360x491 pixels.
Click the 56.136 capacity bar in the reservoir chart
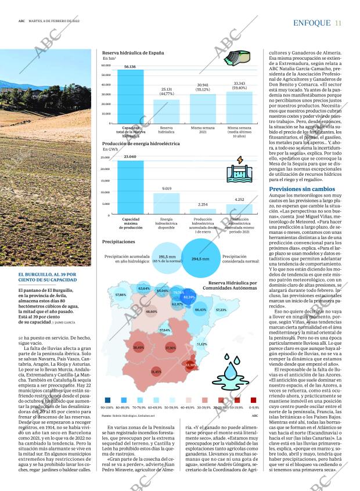tap(129, 97)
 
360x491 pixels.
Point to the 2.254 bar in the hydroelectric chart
tap(203, 212)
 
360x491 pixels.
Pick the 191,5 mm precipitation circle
tap(167, 259)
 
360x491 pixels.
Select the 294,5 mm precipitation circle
tap(200, 258)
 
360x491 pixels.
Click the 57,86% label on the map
tap(121, 295)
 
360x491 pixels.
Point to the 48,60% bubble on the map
tap(152, 312)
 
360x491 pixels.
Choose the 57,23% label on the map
tap(221, 310)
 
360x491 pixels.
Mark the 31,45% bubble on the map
tap(156, 371)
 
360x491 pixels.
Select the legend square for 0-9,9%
tap(254, 399)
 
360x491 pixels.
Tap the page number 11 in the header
tap(338, 23)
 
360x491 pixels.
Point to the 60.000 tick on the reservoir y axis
tap(106, 65)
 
